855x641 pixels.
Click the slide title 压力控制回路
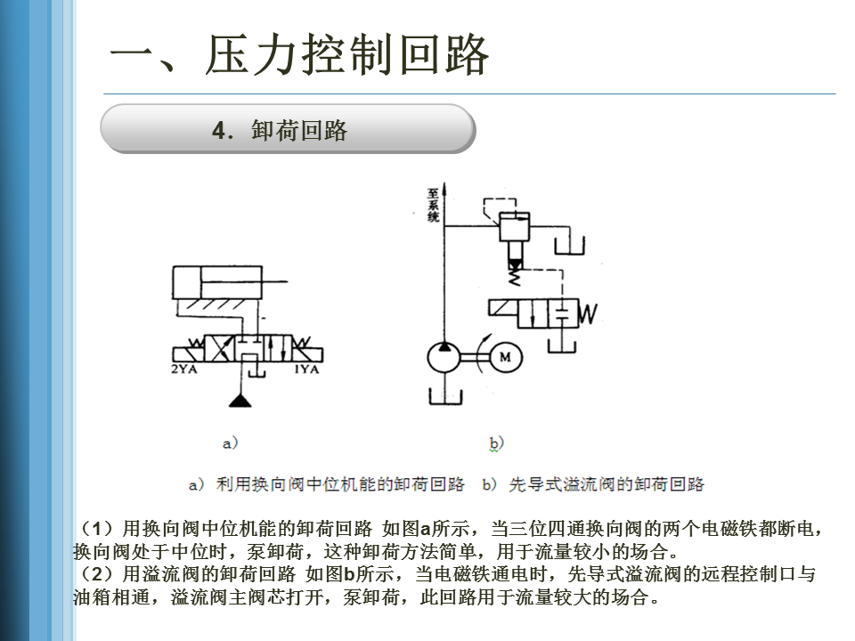346,54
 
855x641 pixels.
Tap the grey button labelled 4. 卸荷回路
288,129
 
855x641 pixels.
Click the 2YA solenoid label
183,369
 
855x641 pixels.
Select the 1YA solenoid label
306,369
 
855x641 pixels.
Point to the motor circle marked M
505,357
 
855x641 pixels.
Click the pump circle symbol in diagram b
445,357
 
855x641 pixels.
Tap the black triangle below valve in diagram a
240,401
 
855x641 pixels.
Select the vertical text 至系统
433,206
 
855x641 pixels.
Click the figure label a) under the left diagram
230,442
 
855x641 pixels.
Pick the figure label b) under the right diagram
496,443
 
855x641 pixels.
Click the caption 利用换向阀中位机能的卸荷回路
340,484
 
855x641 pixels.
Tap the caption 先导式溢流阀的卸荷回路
607,484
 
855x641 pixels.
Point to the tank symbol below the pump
445,397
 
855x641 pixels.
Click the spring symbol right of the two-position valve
587,313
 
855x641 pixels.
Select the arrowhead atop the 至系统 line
445,189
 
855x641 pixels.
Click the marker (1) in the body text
96,528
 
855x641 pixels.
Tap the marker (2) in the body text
96,574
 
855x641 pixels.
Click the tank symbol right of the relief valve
570,246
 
